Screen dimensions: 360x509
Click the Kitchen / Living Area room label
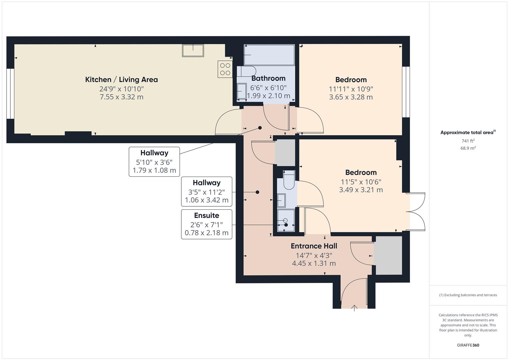(121, 79)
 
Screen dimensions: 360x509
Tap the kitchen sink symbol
(193, 50)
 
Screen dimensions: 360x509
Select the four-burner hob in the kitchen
(225, 69)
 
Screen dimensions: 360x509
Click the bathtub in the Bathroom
(269, 55)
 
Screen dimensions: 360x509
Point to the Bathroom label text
(268, 78)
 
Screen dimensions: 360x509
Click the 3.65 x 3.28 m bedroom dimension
(351, 97)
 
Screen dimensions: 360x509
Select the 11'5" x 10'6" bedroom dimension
(361, 182)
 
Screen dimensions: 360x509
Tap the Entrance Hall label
(314, 246)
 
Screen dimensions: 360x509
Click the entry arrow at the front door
(354, 308)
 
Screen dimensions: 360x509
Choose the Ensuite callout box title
(207, 215)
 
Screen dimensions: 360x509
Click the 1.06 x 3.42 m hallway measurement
(207, 200)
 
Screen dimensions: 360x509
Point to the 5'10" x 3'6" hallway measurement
(154, 162)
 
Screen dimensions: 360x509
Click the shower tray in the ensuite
(286, 220)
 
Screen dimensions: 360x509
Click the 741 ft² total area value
(468, 141)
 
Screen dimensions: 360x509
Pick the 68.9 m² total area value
(468, 148)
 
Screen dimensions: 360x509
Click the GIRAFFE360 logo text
(468, 345)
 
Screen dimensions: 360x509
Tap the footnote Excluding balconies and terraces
(468, 295)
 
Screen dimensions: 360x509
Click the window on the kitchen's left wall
(10, 94)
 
